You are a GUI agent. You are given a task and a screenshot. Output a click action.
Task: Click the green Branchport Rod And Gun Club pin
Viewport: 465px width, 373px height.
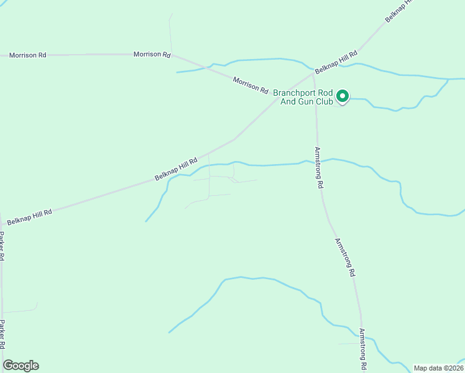[342, 96]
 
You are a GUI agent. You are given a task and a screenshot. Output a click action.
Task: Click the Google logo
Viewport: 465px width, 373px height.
[21, 366]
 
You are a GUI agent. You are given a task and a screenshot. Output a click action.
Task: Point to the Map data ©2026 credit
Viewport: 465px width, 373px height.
[438, 368]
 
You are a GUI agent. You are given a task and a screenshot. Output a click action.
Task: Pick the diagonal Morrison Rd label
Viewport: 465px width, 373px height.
[251, 84]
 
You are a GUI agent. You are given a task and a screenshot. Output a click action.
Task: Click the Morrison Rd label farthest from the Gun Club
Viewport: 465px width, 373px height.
[28, 55]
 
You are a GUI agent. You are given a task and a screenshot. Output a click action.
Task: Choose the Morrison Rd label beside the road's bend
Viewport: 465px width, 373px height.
[152, 55]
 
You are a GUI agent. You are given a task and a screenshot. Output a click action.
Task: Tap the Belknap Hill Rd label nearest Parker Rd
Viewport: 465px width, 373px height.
[29, 216]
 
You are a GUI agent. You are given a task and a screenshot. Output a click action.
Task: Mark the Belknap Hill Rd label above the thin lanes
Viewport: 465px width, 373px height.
[176, 168]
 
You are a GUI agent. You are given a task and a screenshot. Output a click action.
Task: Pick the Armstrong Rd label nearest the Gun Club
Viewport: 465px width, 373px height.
[319, 168]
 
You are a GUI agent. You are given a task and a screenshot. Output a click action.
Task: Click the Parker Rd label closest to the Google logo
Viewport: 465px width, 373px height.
[2, 334]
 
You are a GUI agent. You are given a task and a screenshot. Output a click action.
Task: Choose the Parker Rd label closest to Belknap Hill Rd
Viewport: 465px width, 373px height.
[2, 246]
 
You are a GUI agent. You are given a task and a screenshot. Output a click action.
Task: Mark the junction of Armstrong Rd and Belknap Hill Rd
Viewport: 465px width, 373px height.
[313, 75]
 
